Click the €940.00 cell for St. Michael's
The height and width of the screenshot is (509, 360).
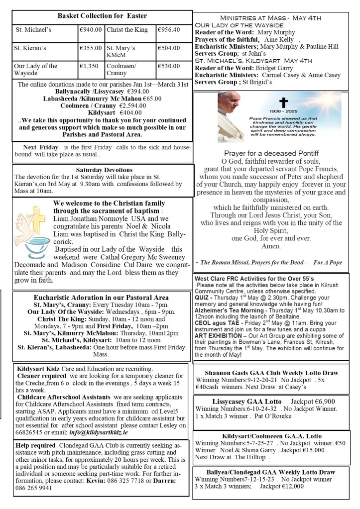point(91,30)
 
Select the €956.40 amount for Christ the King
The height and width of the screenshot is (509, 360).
point(169,30)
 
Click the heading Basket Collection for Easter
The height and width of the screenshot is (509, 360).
point(103,16)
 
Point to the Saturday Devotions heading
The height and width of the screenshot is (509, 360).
point(104,170)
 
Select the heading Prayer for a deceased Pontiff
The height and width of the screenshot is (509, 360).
point(271,153)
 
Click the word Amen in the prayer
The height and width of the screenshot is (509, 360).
point(271,246)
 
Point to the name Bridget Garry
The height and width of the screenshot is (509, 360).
point(279,67)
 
